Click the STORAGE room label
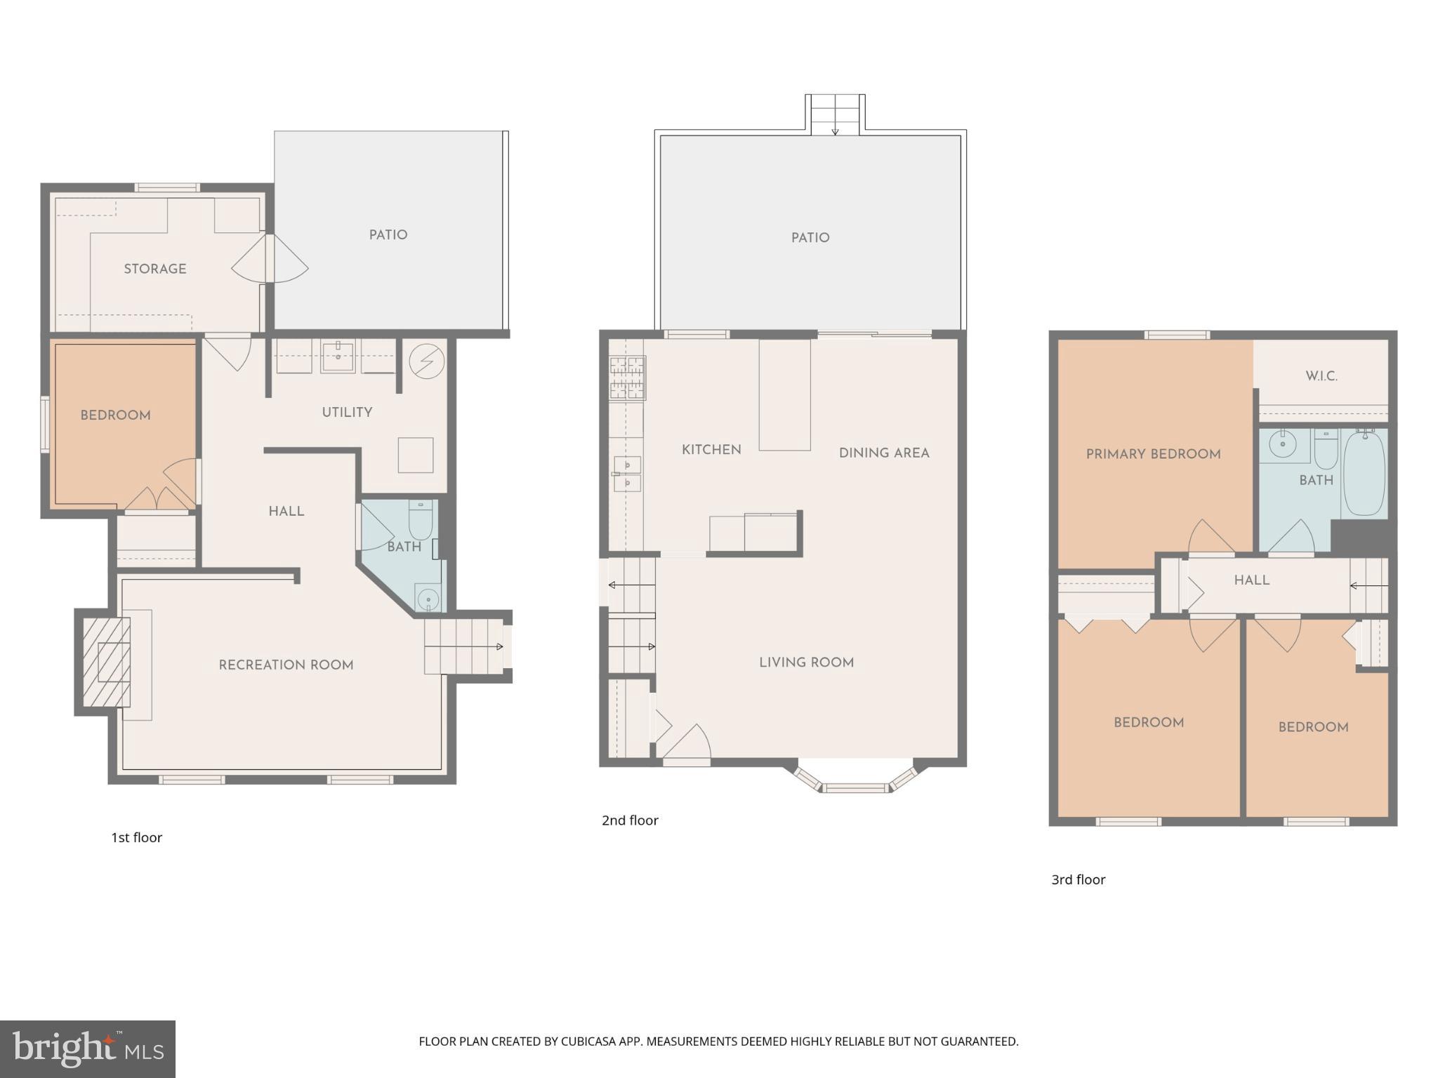click(155, 269)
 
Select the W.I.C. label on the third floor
click(1321, 376)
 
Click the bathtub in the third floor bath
click(1364, 474)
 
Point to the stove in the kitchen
click(627, 378)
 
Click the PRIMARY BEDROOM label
click(1153, 454)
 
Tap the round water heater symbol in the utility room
click(426, 361)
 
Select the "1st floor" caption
click(136, 837)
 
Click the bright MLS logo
click(87, 1049)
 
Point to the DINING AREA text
click(884, 453)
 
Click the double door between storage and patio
click(270, 259)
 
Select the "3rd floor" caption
click(1078, 879)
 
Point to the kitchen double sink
click(627, 474)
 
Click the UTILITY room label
click(347, 413)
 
